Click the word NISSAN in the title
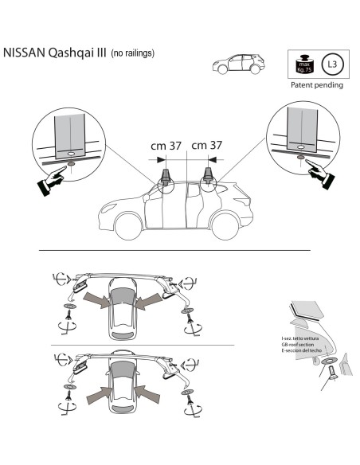coord(29,54)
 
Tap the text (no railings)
coord(132,54)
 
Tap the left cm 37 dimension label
coord(166,146)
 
